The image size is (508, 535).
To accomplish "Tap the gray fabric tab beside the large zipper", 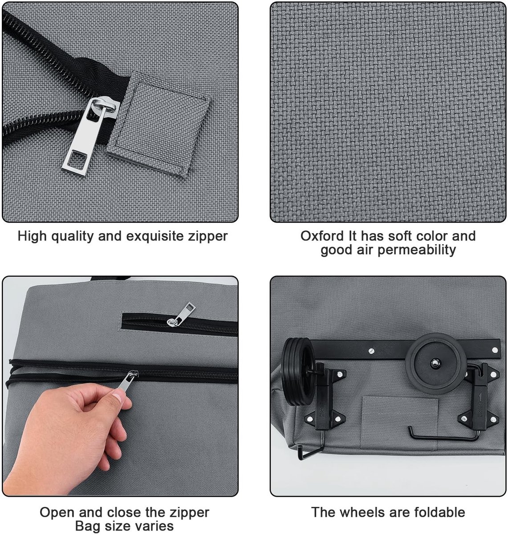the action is pos(158,124).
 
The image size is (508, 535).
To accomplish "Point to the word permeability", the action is pos(416,250).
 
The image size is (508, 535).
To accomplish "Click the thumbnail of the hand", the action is pos(118,398).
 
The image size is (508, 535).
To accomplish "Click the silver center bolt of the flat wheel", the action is pos(434,363).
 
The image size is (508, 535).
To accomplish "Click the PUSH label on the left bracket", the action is pos(322,410).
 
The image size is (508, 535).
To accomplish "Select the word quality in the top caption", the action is pos(73,236).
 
